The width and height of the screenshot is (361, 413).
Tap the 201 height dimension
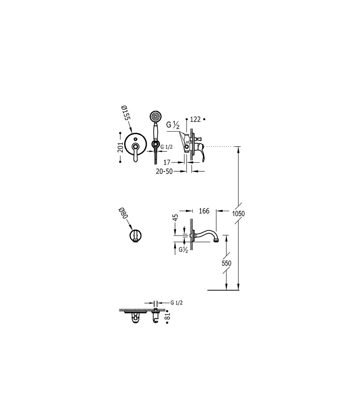[x=120, y=147]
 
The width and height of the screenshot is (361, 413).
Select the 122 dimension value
[x=196, y=120]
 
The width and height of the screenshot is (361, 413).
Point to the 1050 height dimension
[x=238, y=213]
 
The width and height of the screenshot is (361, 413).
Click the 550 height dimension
[x=226, y=263]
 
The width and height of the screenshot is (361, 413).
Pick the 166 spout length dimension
[x=204, y=211]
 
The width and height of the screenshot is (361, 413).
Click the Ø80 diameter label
[x=123, y=214]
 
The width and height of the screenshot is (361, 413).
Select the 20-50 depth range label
[x=164, y=171]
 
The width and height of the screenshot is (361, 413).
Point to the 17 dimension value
[x=167, y=162]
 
